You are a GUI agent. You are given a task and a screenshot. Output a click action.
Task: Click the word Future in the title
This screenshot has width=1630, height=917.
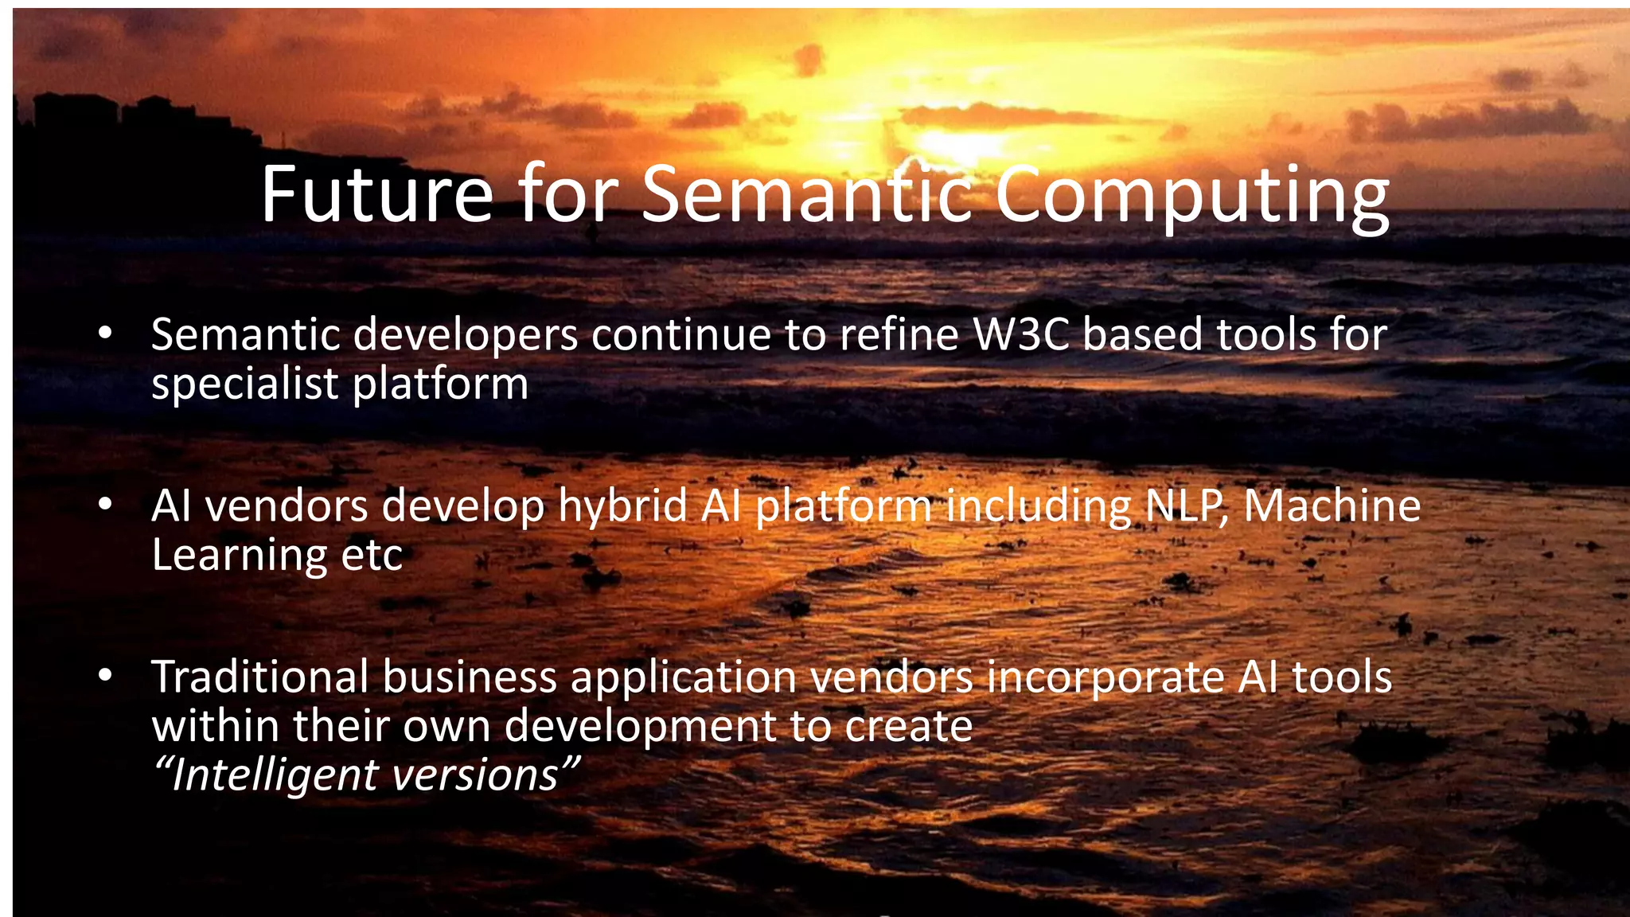point(376,194)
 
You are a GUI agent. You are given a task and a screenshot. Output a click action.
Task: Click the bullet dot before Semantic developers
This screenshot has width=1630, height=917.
point(105,334)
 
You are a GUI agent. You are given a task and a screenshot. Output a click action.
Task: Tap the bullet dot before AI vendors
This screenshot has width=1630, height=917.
point(105,505)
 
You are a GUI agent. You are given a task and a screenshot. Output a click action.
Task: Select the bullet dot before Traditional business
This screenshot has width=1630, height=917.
point(105,676)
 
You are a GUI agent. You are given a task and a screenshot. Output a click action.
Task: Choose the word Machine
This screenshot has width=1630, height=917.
point(1332,506)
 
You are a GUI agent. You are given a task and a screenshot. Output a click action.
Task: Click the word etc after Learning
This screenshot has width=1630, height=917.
point(372,556)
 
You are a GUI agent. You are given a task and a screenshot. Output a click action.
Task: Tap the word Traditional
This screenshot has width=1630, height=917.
point(259,677)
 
